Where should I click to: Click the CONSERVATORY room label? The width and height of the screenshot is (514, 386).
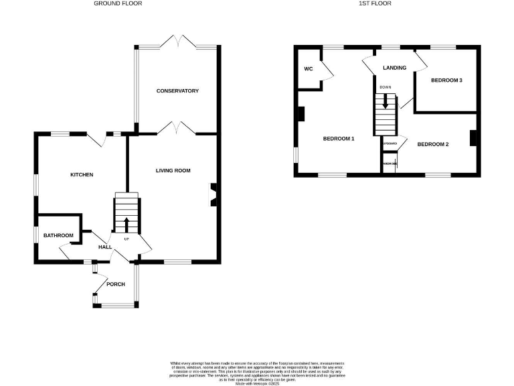click(x=177, y=90)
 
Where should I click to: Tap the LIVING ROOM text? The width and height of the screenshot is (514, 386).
click(x=173, y=171)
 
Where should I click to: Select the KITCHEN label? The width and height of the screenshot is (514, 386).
click(x=82, y=175)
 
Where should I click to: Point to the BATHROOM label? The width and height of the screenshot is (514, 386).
click(x=58, y=235)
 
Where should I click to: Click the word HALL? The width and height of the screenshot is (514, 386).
click(x=105, y=247)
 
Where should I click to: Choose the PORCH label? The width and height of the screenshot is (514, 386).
click(x=116, y=284)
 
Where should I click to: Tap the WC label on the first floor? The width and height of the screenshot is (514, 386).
click(x=309, y=69)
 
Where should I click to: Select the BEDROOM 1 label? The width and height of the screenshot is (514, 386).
click(x=338, y=139)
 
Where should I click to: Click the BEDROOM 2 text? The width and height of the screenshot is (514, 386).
click(x=433, y=144)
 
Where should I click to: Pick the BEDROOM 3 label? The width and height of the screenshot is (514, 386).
click(x=446, y=80)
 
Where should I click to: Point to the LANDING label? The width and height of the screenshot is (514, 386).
click(x=394, y=68)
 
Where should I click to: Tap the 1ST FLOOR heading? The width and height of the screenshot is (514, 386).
click(x=375, y=4)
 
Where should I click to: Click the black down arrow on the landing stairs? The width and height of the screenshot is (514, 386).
click(x=385, y=100)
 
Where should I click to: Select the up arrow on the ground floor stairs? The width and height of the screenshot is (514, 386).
click(x=126, y=224)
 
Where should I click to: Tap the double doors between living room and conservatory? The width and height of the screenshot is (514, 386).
click(x=176, y=128)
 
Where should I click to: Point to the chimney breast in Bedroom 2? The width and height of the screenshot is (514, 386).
click(x=473, y=137)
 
